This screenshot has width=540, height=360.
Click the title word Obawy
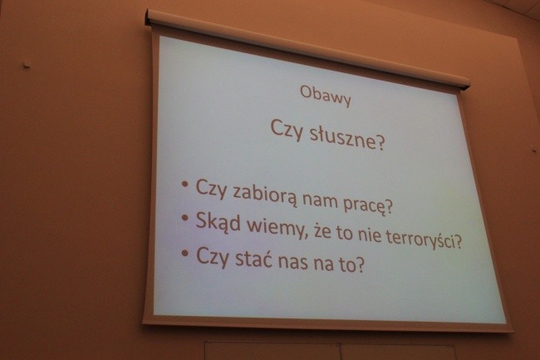[x=326, y=98]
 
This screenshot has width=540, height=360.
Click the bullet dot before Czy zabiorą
[x=184, y=181]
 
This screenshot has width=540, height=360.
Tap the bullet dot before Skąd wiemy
[x=184, y=217]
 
